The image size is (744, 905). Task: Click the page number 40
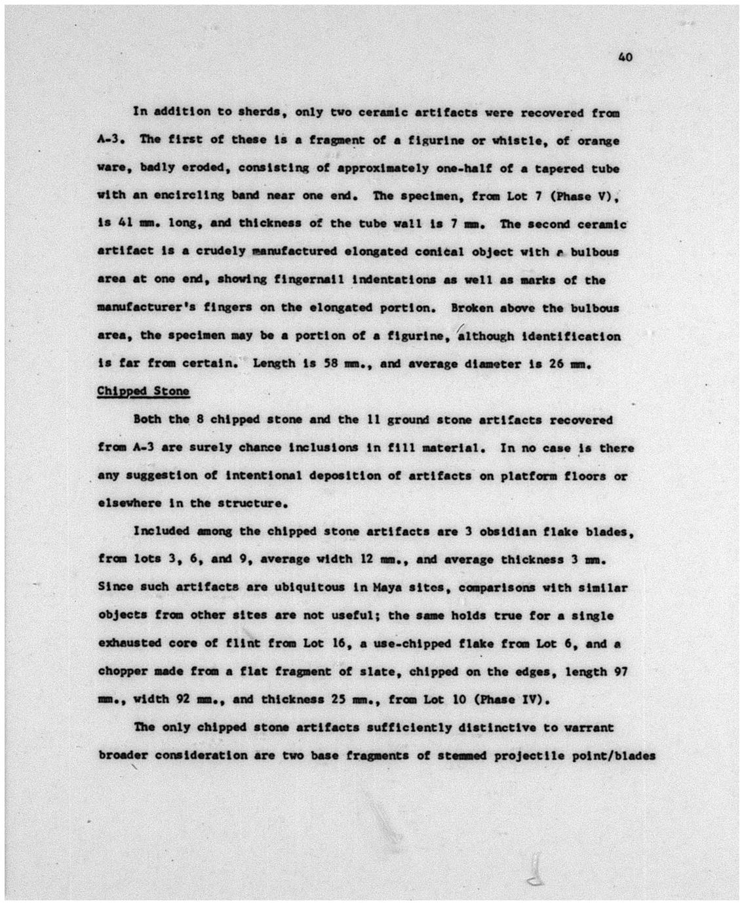625,58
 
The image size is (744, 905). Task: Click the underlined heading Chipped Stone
143,392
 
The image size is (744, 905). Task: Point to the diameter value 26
556,363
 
